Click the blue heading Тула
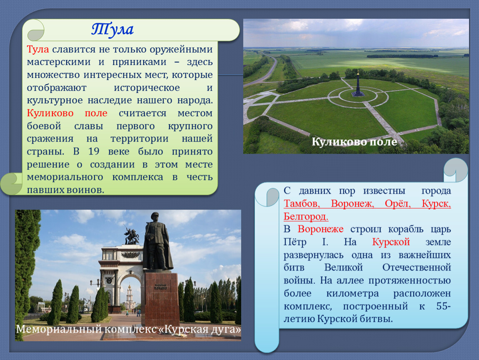pyautogui.click(x=112, y=30)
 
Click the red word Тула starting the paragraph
pyautogui.click(x=38, y=49)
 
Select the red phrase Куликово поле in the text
pyautogui.click(x=67, y=113)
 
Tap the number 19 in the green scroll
pyautogui.click(x=94, y=152)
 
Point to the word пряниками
pyautogui.click(x=139, y=62)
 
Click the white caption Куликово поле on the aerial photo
pyautogui.click(x=354, y=142)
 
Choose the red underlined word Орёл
pyautogui.click(x=398, y=203)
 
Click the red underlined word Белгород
pyautogui.click(x=306, y=216)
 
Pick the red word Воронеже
pyautogui.click(x=320, y=229)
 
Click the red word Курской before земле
pyautogui.click(x=391, y=242)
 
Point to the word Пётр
pyautogui.click(x=295, y=242)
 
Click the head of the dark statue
pyautogui.click(x=155, y=217)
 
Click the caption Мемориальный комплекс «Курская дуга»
pyautogui.click(x=128, y=329)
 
